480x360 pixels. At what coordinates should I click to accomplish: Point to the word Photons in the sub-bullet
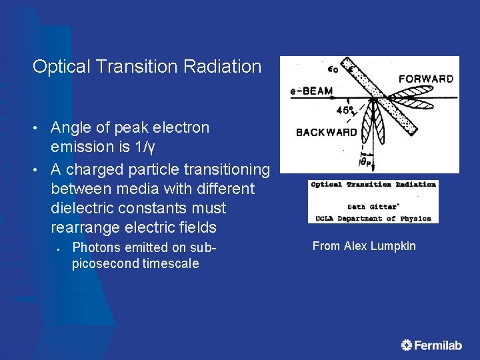95,247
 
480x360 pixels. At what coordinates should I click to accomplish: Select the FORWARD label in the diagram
425,79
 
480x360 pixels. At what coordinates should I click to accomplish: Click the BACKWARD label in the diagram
327,132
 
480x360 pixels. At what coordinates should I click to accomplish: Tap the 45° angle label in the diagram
345,110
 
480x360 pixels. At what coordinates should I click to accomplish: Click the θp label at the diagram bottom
366,161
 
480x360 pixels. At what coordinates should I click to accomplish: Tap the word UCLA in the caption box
323,218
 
